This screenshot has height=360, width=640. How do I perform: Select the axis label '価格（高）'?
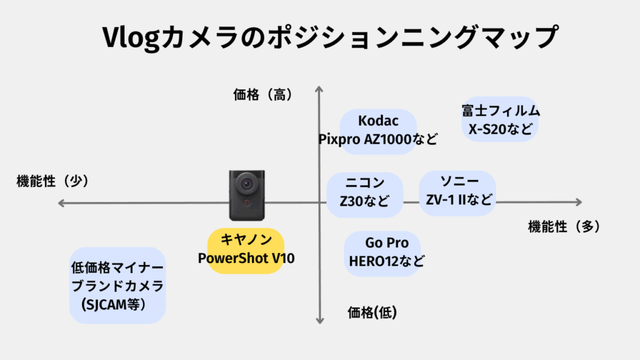tap(262, 95)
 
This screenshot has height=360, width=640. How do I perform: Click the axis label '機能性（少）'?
tap(52, 181)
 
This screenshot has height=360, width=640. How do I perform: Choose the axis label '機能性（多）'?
tap(564, 227)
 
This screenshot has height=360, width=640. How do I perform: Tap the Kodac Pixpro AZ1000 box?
tap(377, 129)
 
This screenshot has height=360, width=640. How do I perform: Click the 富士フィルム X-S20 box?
tap(501, 120)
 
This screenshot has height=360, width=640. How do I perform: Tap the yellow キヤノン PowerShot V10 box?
tap(246, 250)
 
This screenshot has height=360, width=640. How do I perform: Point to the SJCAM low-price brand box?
tap(117, 286)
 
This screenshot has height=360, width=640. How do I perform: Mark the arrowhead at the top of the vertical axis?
tap(319, 88)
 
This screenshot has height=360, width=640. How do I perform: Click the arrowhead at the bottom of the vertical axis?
tap(319, 319)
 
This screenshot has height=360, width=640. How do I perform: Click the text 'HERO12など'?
tap(386, 261)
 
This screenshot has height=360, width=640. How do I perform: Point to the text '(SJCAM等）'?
tap(113, 304)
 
